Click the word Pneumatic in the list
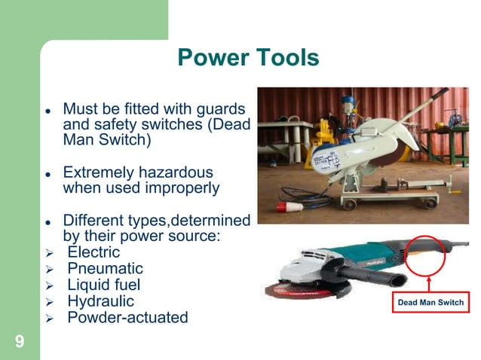[105, 269]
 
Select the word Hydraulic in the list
[100, 301]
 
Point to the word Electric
[94, 252]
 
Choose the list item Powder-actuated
[127, 318]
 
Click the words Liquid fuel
[104, 285]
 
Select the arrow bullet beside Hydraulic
[49, 302]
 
